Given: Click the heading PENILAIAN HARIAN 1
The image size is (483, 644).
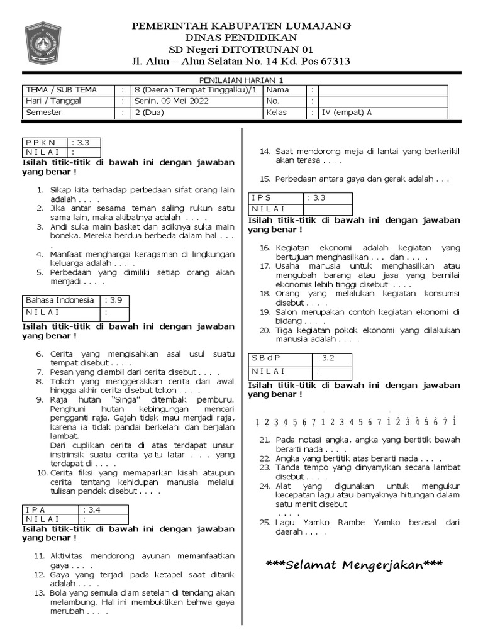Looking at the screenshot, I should [x=241, y=80].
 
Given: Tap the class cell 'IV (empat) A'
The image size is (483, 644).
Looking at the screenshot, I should [x=347, y=113].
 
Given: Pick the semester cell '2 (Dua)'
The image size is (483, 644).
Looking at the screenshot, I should [x=148, y=113].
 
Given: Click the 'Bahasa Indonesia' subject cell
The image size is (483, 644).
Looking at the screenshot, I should [x=60, y=300].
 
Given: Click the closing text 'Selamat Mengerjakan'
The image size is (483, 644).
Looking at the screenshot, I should [x=354, y=565].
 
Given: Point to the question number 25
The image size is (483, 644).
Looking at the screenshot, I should [x=264, y=523].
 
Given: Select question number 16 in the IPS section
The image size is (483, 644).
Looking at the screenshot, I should [x=264, y=248].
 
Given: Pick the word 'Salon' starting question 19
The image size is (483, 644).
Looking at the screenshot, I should [x=286, y=312].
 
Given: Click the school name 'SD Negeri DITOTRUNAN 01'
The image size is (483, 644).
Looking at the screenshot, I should [x=241, y=49].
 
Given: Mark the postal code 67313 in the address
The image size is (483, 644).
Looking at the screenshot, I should [x=330, y=61].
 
